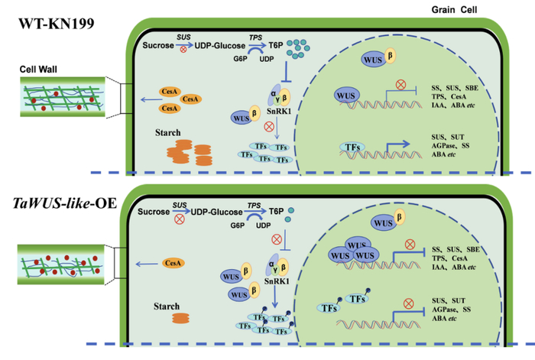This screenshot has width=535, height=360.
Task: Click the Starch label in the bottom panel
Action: tap(166, 306)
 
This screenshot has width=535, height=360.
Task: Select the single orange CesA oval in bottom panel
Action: tap(172, 264)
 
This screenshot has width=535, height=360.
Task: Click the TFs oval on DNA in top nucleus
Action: tap(354, 147)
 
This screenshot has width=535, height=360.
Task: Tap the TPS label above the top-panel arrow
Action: tap(255, 37)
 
